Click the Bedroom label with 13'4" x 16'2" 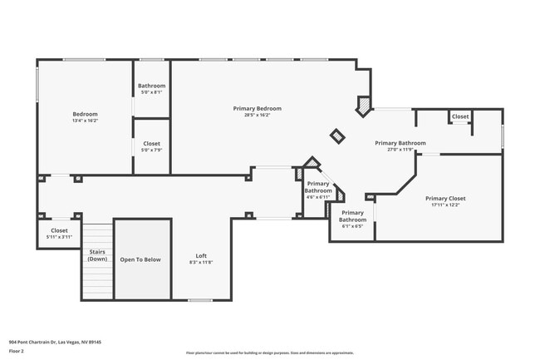click(x=85, y=114)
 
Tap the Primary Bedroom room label click(x=257, y=108)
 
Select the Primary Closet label click(x=445, y=199)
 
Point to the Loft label click(x=201, y=255)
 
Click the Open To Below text click(x=140, y=259)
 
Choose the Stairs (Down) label click(x=97, y=254)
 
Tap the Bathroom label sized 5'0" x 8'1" click(x=151, y=86)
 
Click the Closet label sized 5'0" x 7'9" click(x=151, y=144)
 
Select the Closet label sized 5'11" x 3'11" click(x=59, y=230)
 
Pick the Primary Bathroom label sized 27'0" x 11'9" click(x=400, y=143)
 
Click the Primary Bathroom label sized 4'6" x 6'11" click(x=318, y=187)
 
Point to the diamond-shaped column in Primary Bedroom click(x=337, y=136)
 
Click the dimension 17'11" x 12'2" click(x=445, y=205)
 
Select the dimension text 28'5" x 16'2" click(x=257, y=115)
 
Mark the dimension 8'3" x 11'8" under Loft click(x=201, y=262)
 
